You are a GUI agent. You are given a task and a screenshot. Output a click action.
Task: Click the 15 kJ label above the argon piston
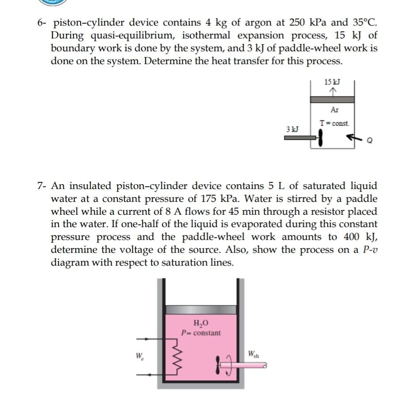click(332, 82)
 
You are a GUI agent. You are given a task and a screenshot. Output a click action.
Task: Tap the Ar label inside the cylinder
click(335, 110)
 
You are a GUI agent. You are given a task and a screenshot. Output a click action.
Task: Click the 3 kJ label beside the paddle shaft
click(292, 129)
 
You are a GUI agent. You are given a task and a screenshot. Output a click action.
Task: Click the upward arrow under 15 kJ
click(332, 91)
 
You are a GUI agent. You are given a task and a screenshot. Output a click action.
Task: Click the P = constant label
click(201, 333)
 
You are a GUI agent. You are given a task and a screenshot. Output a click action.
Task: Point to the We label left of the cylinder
click(139, 355)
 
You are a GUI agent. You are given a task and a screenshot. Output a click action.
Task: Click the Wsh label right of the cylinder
click(254, 354)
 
